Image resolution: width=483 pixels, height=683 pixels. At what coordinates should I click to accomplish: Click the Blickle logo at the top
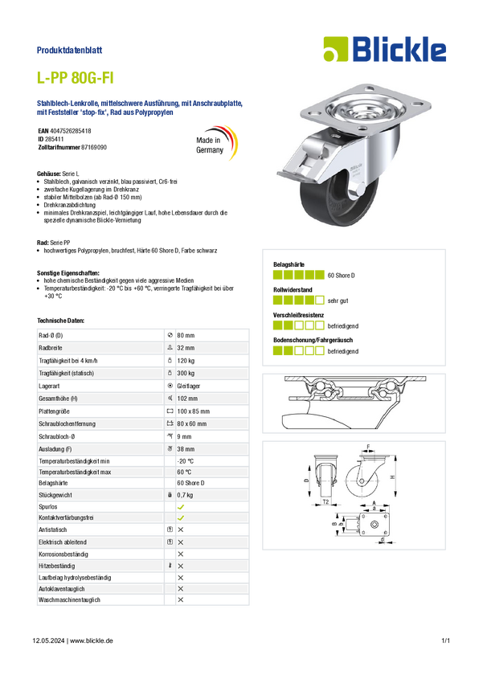tap(385, 49)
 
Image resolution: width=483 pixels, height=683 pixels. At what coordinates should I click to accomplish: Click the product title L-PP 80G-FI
tap(75, 78)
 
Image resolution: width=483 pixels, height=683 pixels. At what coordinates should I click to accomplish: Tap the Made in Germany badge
tap(216, 143)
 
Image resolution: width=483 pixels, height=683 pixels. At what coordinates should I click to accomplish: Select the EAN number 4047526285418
tap(71, 131)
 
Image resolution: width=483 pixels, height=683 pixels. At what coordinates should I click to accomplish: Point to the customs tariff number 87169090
tap(94, 148)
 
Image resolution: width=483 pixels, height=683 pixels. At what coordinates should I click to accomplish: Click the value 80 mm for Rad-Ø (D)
tap(186, 335)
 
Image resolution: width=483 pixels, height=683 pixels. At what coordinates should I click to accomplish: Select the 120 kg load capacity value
tap(186, 361)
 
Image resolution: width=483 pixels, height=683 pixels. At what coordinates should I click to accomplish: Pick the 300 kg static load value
tap(186, 374)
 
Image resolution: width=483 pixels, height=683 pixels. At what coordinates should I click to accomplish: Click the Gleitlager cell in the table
tap(189, 386)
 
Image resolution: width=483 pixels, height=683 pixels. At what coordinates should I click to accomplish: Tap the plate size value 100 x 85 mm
tap(194, 411)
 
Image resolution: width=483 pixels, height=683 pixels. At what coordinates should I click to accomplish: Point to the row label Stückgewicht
tap(55, 495)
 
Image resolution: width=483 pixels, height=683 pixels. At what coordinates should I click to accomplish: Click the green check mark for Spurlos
tap(181, 507)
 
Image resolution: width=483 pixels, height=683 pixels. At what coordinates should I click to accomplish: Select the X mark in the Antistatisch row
tap(181, 530)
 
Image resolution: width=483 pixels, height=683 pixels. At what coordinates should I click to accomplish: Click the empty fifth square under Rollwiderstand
tap(320, 301)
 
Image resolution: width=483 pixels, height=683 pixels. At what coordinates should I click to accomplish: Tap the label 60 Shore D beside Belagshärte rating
tap(341, 276)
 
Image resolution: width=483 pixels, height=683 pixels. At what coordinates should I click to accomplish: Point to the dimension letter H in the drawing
tap(392, 477)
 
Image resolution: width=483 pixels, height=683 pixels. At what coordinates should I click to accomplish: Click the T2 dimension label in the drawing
tap(325, 501)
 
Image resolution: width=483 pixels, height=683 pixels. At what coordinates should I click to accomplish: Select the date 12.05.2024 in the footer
tap(48, 640)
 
